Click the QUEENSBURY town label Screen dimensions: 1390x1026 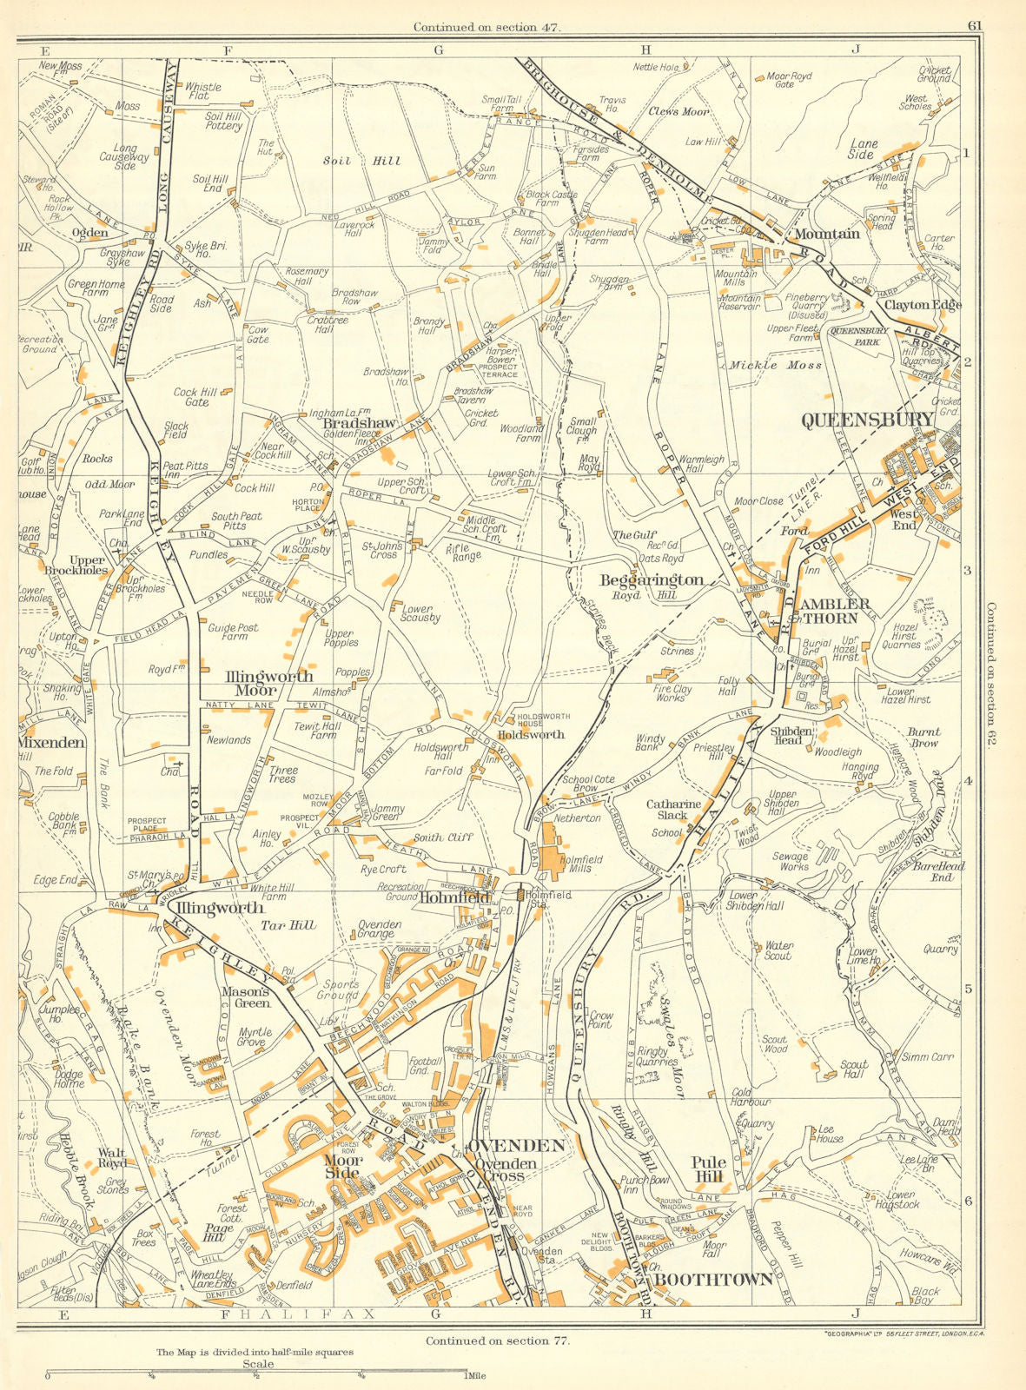click(867, 420)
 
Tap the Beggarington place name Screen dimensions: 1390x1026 click(652, 579)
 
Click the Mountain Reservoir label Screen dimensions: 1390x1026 click(739, 302)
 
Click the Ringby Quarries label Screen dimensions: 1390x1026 click(655, 1056)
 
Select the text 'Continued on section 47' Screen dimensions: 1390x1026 click(487, 27)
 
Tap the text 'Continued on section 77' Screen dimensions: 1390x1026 click(499, 1340)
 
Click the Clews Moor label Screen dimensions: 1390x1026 click(678, 112)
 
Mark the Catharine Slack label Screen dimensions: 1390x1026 click(673, 810)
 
